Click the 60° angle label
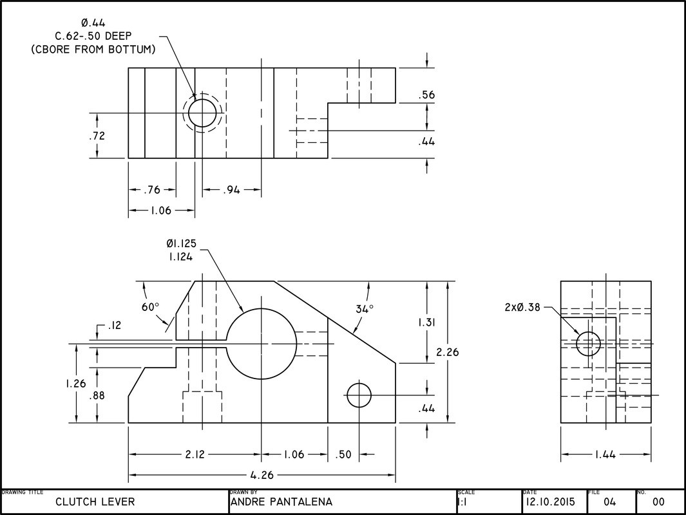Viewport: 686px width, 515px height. coord(150,307)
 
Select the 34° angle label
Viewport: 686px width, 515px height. coord(365,309)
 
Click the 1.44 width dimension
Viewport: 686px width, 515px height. coord(605,454)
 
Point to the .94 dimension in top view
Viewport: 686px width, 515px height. coord(233,190)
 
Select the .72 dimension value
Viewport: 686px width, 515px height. coord(97,136)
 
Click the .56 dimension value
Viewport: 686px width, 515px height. coord(426,95)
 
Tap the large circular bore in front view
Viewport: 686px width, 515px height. coord(261,343)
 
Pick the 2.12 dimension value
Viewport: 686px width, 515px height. coord(195,454)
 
